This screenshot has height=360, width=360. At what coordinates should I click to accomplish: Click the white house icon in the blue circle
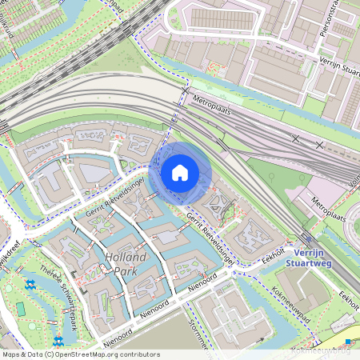tap(180, 172)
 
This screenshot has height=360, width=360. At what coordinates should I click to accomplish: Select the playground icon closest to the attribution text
tap(58, 341)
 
